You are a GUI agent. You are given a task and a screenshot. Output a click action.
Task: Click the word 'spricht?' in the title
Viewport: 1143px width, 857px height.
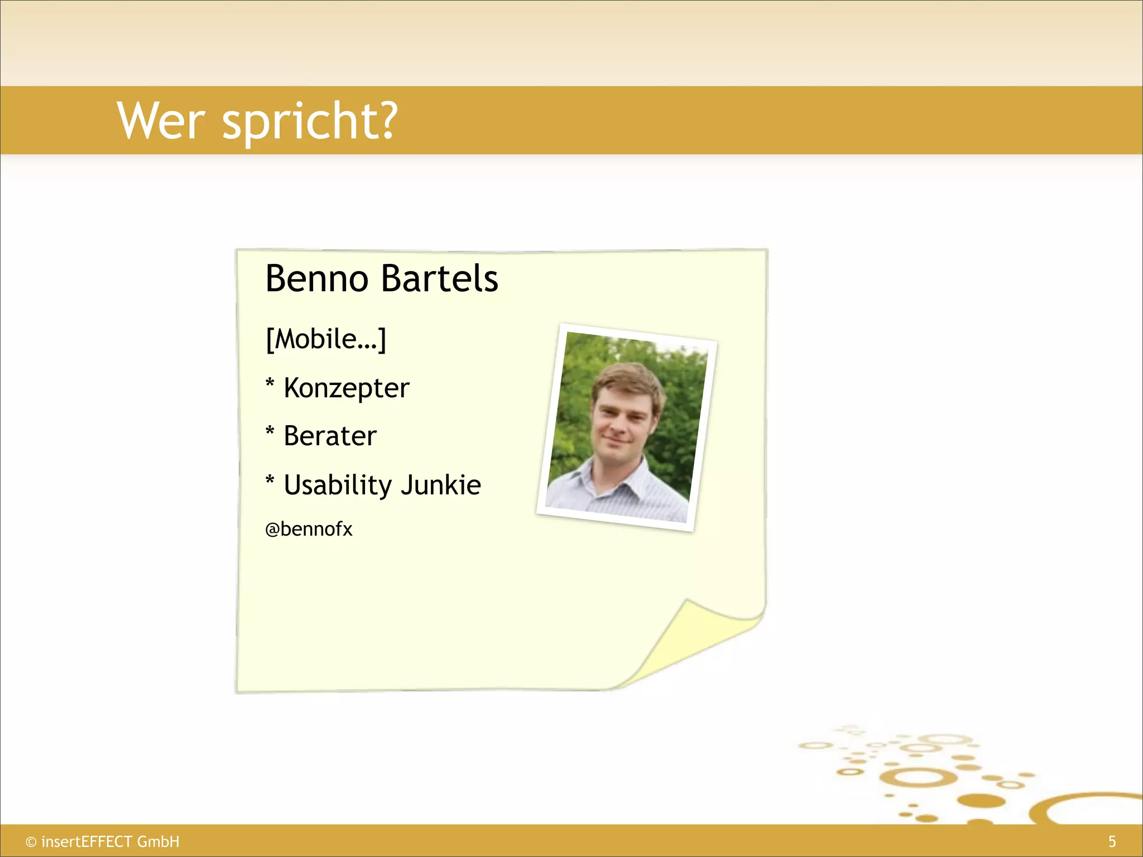[310, 123]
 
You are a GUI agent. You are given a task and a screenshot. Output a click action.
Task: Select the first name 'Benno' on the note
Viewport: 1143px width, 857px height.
[316, 278]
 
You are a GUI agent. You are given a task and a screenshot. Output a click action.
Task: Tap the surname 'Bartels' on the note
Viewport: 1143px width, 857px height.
[440, 278]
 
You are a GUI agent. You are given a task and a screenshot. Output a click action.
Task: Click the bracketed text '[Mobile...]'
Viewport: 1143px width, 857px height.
[326, 339]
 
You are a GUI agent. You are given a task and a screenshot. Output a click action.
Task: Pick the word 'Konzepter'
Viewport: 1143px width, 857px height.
[347, 388]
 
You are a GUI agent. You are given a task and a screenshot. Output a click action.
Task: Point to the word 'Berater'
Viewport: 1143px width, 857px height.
[330, 436]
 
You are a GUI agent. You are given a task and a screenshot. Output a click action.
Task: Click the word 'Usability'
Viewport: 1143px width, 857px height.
[338, 485]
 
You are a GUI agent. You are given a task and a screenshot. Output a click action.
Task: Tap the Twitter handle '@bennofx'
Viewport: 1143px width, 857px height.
[309, 529]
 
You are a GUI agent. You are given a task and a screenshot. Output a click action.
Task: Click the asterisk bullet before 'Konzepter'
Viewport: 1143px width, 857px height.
[270, 384]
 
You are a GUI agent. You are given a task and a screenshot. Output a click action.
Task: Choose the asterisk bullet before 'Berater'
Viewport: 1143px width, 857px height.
[270, 432]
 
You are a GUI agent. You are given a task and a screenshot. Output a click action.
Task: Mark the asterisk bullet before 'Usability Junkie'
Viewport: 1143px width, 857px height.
[270, 481]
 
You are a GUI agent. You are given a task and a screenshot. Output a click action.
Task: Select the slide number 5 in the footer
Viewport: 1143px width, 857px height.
[1112, 841]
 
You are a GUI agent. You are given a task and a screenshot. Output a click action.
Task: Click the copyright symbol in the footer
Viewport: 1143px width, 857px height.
[31, 842]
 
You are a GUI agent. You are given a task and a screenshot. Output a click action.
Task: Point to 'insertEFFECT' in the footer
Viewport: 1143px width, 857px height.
[87, 841]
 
